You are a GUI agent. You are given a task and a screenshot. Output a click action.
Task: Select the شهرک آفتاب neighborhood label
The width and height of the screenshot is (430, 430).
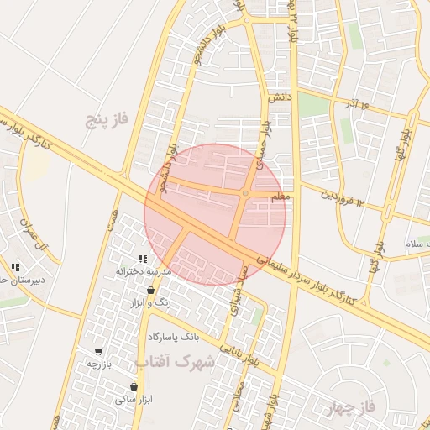click(175, 362)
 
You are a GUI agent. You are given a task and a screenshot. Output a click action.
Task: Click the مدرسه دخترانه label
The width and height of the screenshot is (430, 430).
click(143, 272)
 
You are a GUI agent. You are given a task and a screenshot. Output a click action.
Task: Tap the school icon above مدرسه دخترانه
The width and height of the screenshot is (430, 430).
click(143, 259)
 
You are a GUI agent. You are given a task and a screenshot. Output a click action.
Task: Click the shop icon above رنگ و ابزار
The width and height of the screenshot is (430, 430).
click(150, 290)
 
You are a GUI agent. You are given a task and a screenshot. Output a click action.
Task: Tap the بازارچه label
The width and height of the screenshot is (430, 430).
click(98, 364)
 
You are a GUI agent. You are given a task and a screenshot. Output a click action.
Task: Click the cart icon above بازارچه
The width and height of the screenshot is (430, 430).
click(98, 352)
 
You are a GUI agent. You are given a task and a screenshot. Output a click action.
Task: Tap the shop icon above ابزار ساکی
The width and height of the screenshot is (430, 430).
click(134, 387)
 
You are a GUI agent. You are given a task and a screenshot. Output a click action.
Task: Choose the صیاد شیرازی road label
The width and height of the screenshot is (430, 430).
click(238, 293)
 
